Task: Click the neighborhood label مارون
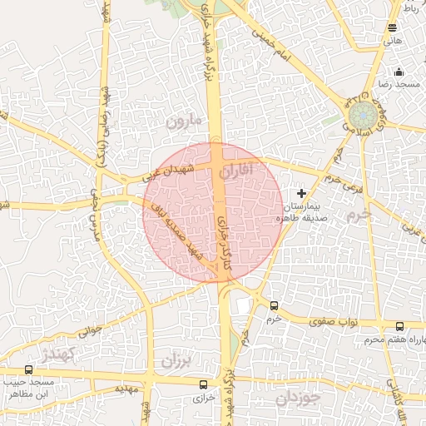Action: (185, 121)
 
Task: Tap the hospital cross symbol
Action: (301, 193)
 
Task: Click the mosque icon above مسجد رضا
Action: (399, 72)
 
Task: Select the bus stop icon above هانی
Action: (393, 27)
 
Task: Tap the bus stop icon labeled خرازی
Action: (204, 384)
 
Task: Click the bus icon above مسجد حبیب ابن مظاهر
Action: (29, 369)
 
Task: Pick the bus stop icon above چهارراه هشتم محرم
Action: (400, 327)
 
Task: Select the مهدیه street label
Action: (125, 389)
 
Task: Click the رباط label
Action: (411, 7)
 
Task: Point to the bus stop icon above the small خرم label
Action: (274, 305)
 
